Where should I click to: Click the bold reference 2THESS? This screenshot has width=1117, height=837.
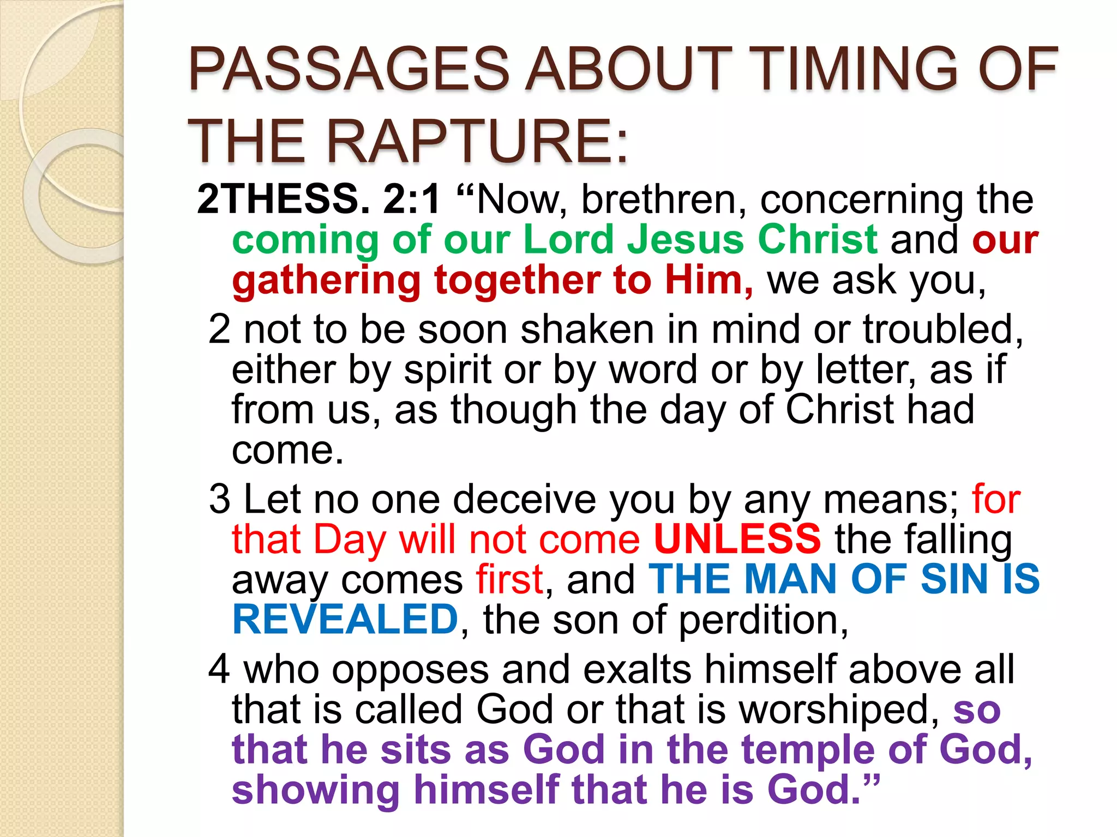click(283, 199)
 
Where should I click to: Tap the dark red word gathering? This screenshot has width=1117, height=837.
click(326, 281)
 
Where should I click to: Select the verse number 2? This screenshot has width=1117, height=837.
click(219, 329)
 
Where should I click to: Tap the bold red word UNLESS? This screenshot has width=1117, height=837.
click(737, 539)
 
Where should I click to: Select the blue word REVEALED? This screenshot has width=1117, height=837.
click(345, 620)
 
